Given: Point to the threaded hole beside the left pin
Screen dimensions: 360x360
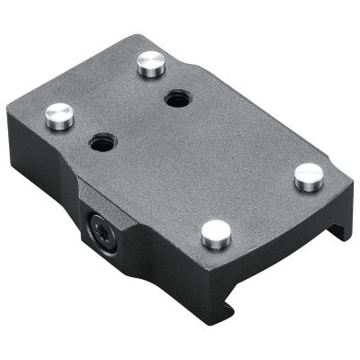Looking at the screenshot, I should point(101,142).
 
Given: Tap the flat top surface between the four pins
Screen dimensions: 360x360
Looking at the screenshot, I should point(180,153).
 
